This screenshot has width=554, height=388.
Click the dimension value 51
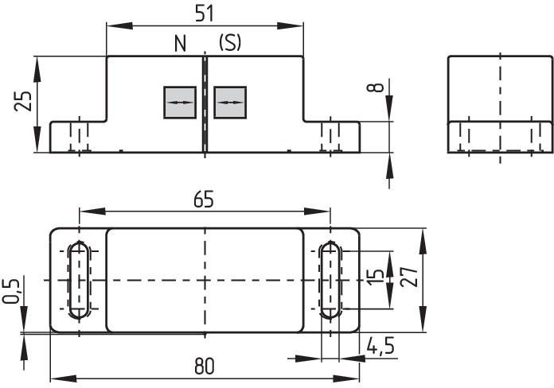pyautogui.click(x=205, y=14)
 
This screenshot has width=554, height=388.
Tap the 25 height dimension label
pyautogui.click(x=23, y=101)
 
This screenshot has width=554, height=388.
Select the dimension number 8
pyautogui.click(x=376, y=87)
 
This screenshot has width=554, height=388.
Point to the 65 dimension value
pyautogui.click(x=204, y=199)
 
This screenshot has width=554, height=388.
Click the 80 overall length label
pyautogui.click(x=205, y=366)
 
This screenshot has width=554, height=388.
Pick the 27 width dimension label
pyautogui.click(x=410, y=276)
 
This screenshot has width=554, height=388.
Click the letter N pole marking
pyautogui.click(x=180, y=44)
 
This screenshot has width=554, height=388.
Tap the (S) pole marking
pyautogui.click(x=230, y=43)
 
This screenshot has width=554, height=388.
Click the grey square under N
pyautogui.click(x=180, y=103)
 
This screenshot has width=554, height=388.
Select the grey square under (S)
pyautogui.click(x=230, y=103)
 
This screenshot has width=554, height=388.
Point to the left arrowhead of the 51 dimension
pyautogui.click(x=119, y=25)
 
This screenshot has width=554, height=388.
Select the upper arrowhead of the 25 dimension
pyautogui.click(x=37, y=69)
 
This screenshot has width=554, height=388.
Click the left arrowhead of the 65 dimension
pyautogui.click(x=92, y=211)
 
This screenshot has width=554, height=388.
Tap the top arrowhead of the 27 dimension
pyautogui.click(x=423, y=242)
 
